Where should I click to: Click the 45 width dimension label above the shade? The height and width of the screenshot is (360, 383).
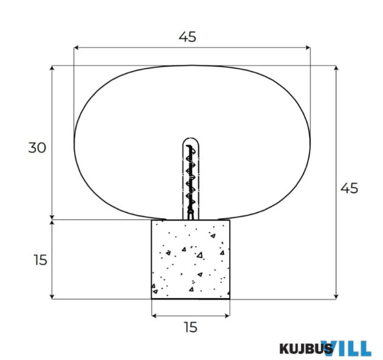pos(188,37)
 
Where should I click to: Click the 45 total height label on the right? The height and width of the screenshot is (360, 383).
pos(349,188)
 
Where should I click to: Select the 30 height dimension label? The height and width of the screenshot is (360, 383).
pos(37,148)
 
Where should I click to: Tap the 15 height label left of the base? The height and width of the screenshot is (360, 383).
pos(40,260)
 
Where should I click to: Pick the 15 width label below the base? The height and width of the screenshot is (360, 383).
pos(191,327)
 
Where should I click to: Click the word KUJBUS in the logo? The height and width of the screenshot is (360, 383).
pos(306,348)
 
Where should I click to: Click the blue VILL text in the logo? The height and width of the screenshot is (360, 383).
pos(346,348)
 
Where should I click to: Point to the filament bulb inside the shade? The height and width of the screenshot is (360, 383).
pos(191,178)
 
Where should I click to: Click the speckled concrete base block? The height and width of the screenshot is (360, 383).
pos(191,259)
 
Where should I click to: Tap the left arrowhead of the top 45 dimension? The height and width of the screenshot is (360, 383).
pos(76,47)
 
